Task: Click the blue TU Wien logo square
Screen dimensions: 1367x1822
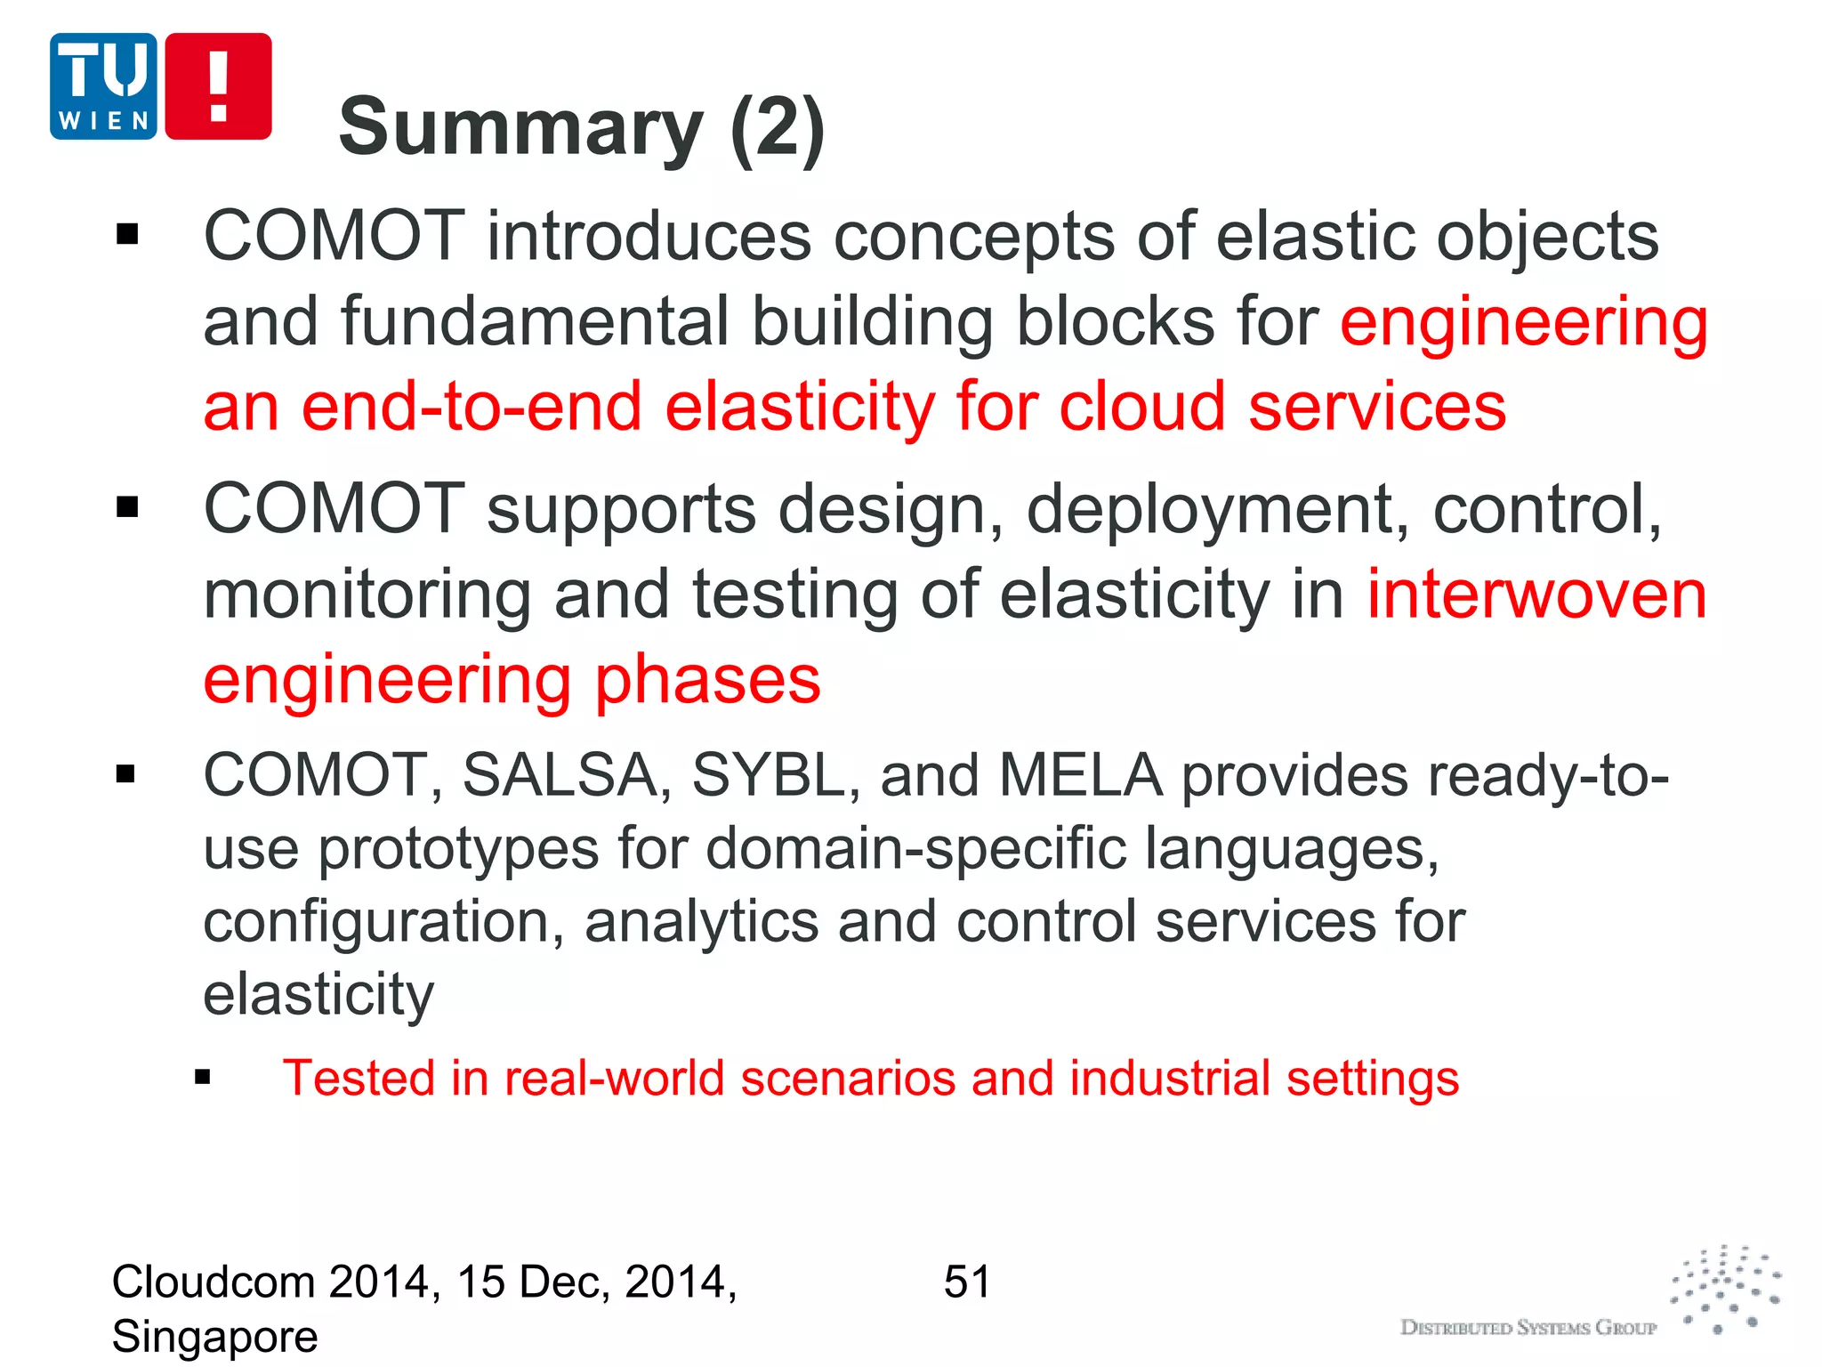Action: [x=103, y=86]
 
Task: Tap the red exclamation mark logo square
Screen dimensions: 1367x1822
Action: [x=218, y=86]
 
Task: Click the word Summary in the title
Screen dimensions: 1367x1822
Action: [x=520, y=128]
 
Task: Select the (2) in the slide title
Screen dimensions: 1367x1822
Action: [x=778, y=128]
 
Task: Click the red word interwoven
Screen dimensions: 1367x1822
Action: [x=1536, y=595]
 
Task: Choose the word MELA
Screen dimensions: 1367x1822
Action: [x=1080, y=775]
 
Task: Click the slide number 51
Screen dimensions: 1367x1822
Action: [x=967, y=1282]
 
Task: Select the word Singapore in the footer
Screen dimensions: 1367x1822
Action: [x=214, y=1337]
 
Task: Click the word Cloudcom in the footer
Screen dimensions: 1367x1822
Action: [x=214, y=1282]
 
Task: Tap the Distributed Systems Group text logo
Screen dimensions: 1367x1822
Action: [x=1528, y=1328]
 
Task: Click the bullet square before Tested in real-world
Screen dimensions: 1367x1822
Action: [x=203, y=1079]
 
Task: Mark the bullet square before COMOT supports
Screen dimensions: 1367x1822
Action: [x=128, y=507]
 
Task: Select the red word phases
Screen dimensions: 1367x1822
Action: [x=707, y=680]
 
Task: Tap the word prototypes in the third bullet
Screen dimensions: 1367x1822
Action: [x=458, y=849]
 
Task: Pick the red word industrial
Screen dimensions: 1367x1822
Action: [x=1169, y=1079]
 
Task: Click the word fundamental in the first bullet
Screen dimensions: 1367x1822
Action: [x=534, y=321]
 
